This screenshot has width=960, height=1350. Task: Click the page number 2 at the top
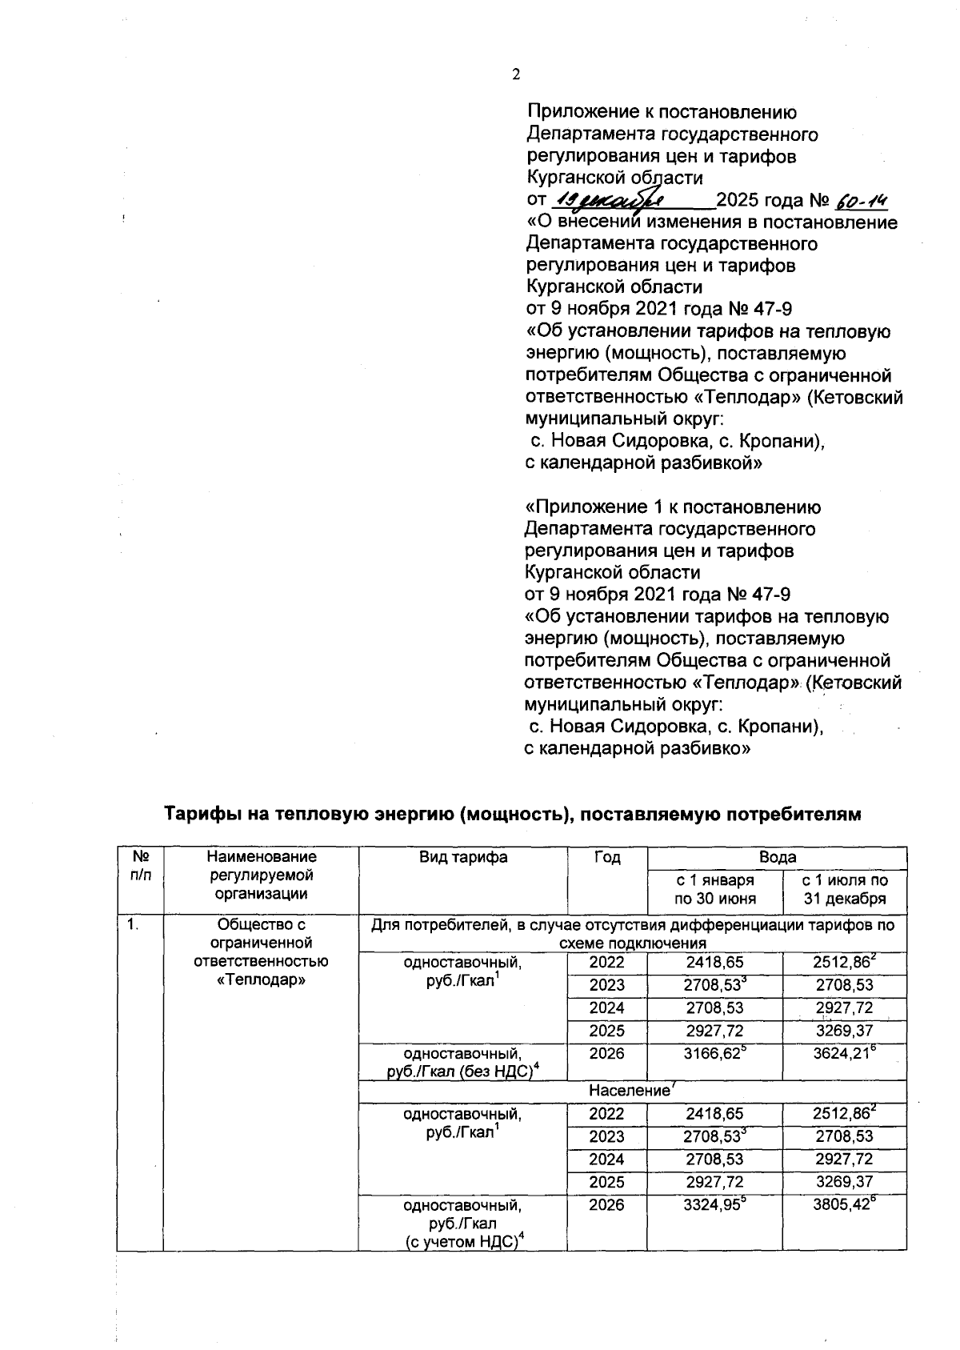516,74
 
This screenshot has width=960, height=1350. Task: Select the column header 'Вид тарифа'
463,857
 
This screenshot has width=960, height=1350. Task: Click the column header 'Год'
607,857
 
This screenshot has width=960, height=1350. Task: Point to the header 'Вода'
777,857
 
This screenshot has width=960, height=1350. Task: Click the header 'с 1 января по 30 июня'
714,889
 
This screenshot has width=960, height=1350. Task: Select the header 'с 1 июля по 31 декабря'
845,889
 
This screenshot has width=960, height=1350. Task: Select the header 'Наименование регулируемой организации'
260,875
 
